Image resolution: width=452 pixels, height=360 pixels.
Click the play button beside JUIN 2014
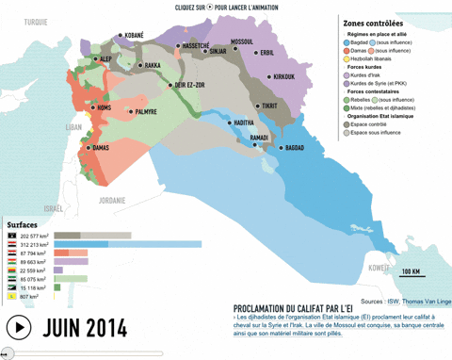pyautogui.click(x=18, y=328)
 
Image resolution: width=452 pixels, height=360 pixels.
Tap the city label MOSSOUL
pyautogui.click(x=242, y=41)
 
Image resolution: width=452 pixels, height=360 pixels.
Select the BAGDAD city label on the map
pyautogui.click(x=294, y=148)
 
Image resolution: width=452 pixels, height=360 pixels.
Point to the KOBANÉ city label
pyautogui.click(x=134, y=36)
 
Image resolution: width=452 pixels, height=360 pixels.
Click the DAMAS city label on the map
pyautogui.click(x=101, y=148)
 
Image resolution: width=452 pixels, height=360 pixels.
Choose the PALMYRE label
pyautogui.click(x=145, y=112)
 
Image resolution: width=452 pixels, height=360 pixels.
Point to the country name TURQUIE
pyautogui.click(x=36, y=21)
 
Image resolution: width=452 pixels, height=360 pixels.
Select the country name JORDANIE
pyautogui.click(x=112, y=200)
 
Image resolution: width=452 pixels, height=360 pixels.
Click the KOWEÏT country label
pyautogui.click(x=379, y=267)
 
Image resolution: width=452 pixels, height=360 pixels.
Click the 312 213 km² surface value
pyautogui.click(x=36, y=244)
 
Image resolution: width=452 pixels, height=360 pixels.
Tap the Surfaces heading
pyautogui.click(x=23, y=225)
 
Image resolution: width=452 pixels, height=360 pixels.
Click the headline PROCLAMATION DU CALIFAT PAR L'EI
pyautogui.click(x=293, y=308)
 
